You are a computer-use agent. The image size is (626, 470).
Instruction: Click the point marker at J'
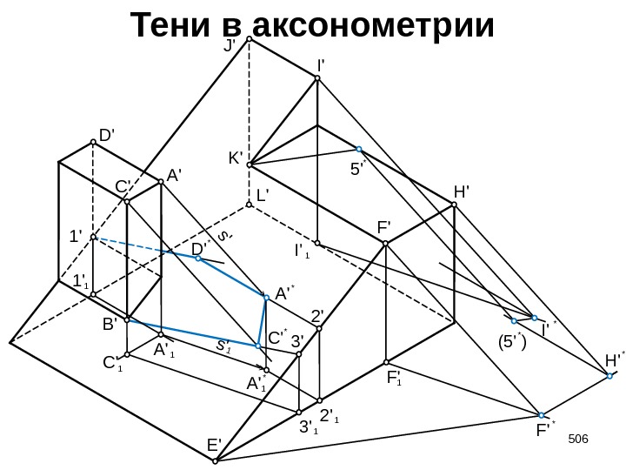click(x=248, y=39)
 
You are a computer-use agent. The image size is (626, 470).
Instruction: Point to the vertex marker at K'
click(x=249, y=164)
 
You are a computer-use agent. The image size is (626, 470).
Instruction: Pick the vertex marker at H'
click(x=454, y=206)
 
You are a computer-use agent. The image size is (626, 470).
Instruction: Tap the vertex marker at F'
click(x=386, y=244)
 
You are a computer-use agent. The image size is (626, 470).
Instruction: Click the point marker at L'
click(x=249, y=205)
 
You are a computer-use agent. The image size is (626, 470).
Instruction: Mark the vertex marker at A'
click(x=161, y=182)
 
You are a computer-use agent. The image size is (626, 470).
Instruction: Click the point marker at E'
click(x=221, y=458)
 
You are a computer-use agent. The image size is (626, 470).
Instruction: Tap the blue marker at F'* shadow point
click(x=541, y=415)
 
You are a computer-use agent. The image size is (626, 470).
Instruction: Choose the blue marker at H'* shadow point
click(x=610, y=376)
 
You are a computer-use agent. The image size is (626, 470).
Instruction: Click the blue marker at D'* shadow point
click(x=198, y=258)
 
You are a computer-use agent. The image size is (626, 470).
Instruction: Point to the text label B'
click(x=110, y=324)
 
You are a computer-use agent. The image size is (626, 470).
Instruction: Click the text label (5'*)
click(x=512, y=341)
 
